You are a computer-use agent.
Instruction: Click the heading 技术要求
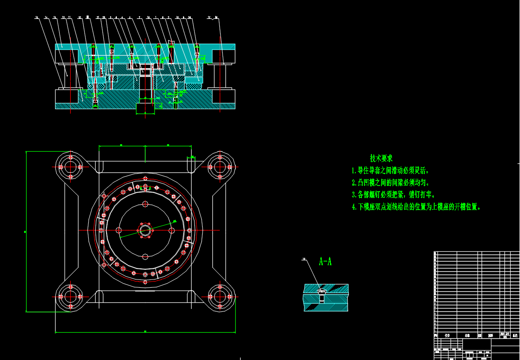click(381, 158)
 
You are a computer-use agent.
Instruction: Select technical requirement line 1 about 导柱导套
click(391, 170)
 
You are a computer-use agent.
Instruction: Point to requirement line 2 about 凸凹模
click(391, 183)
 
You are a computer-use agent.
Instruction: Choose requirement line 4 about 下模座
click(416, 207)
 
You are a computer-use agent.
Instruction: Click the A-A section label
click(325, 262)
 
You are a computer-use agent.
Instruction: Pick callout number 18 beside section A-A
click(304, 259)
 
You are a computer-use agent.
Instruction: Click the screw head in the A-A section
click(321, 292)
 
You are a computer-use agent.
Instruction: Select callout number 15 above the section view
click(37, 18)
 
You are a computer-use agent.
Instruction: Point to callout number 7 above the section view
click(139, 18)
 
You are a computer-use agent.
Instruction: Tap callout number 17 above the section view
click(209, 18)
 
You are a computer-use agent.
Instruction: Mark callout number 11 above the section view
click(69, 18)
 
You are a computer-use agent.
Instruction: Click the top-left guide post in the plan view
click(70, 167)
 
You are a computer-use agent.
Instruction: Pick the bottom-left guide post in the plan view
click(70, 296)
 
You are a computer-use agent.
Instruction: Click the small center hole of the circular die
click(145, 230)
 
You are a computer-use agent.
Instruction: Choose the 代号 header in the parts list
click(447, 335)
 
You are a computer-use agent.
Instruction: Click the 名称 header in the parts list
click(467, 335)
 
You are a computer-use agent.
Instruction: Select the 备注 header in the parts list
click(515, 335)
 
